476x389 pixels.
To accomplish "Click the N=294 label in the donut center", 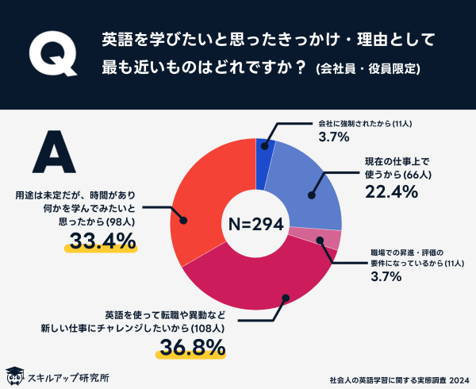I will (255, 225).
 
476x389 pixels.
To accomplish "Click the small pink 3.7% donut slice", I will (332, 240).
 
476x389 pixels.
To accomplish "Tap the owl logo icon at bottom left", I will (13, 375).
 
